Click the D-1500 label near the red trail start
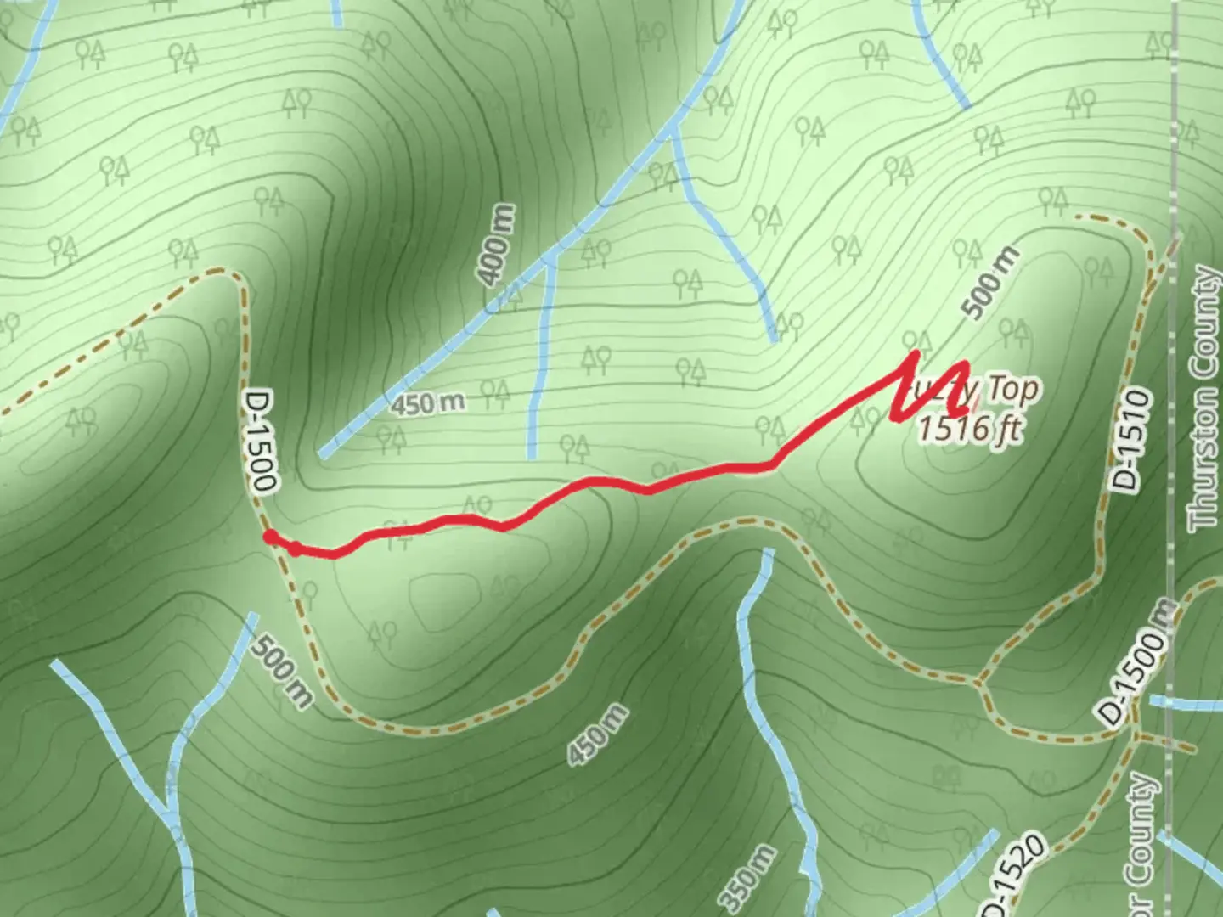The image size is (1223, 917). point(260,441)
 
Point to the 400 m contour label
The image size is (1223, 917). point(494,245)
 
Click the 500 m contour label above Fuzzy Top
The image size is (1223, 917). point(990,283)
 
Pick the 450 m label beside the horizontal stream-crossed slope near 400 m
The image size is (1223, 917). point(428,403)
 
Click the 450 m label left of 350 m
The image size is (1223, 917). point(599,734)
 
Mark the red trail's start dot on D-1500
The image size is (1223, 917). point(269,536)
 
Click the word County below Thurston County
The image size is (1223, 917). point(1143,849)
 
